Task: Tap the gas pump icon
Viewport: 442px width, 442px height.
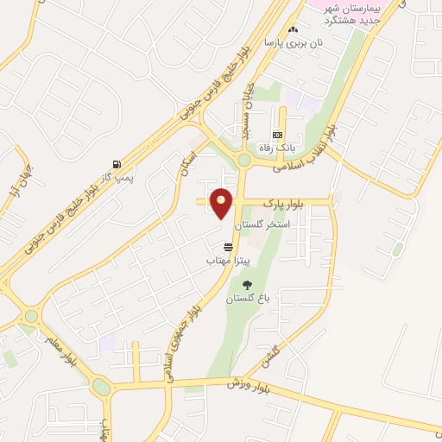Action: point(116,164)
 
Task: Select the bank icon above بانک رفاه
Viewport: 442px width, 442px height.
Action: point(278,135)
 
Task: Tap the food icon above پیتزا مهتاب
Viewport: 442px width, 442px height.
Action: point(228,247)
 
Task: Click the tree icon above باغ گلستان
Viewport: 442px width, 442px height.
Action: point(248,285)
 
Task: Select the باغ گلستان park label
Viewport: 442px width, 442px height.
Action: point(249,298)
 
